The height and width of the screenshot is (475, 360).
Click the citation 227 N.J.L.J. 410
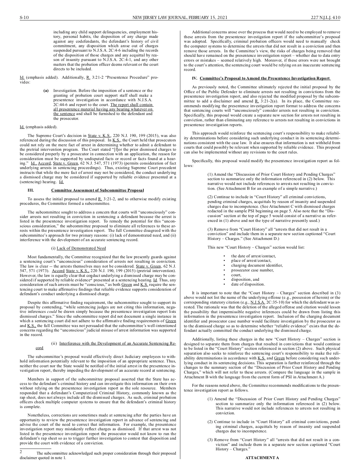pos(325,17)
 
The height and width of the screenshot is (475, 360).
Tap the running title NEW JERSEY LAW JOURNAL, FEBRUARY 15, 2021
pos(180,17)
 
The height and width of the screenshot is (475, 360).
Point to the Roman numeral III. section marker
pos(31,190)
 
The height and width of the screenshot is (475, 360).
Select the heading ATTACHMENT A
pos(262,458)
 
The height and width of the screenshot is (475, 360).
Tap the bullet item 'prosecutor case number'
pos(252,270)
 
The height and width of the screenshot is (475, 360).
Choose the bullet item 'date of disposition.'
pos(248,284)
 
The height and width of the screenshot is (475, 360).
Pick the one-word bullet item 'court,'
pos(236,275)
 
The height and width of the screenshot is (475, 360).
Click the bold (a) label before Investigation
pos(46,91)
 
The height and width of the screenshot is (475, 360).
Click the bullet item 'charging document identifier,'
pos(257,265)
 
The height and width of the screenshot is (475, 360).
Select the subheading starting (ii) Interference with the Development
pos(114,343)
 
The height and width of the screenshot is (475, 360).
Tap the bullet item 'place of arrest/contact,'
pos(251,261)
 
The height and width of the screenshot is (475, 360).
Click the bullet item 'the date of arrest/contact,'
pos(253,256)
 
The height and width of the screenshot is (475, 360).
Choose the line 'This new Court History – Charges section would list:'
pos(256,247)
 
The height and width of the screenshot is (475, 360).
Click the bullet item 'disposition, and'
pos(245,279)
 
